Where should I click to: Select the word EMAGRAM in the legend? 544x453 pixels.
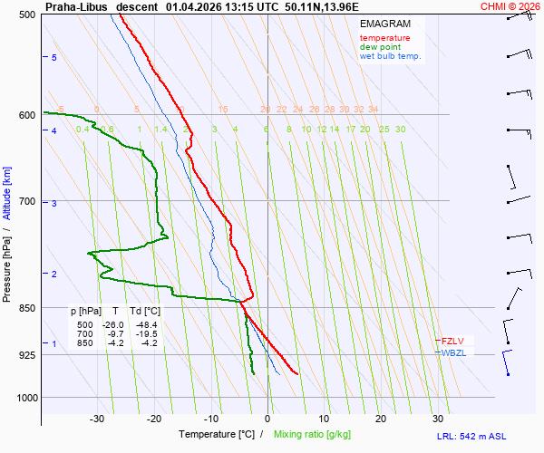pos(384,24)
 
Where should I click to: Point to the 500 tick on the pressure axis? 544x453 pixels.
pos(26,14)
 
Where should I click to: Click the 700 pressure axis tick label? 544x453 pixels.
pos(26,201)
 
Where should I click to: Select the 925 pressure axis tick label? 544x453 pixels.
pos(26,355)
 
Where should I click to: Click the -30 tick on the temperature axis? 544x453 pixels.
pos(97,419)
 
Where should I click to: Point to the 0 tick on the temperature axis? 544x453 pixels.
pos(267,419)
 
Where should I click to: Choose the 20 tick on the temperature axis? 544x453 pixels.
pos(381,419)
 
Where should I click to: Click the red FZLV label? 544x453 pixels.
pos(452,341)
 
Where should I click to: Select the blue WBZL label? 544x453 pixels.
pos(453,352)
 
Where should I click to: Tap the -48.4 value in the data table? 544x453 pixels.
pos(145,325)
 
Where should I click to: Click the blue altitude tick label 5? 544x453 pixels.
pos(54,58)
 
